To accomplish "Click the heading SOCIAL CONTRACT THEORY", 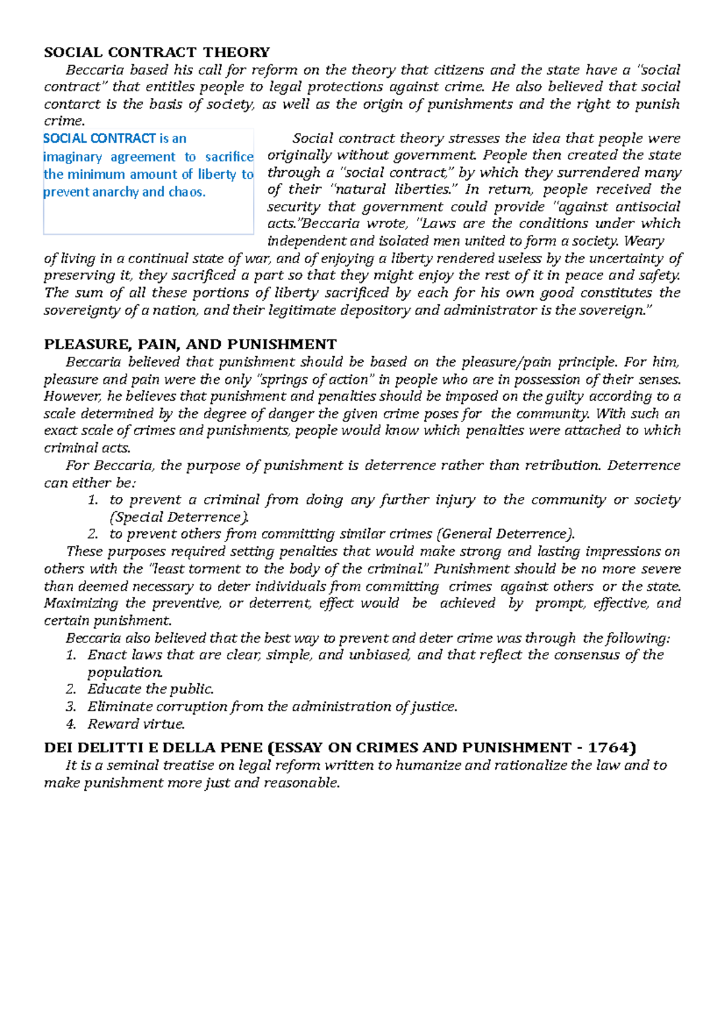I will (x=156, y=53).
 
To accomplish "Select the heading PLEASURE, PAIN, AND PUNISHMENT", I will (x=190, y=345).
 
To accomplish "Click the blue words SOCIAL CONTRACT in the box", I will (x=100, y=139).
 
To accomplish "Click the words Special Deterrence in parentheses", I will (x=178, y=517).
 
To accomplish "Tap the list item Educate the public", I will (x=150, y=689).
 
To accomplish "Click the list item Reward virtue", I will (x=136, y=724).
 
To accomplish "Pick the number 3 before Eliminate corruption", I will (x=71, y=707).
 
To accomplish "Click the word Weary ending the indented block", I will (x=644, y=241).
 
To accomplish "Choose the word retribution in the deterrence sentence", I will (x=562, y=465).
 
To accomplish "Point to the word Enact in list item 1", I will (x=106, y=655).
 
